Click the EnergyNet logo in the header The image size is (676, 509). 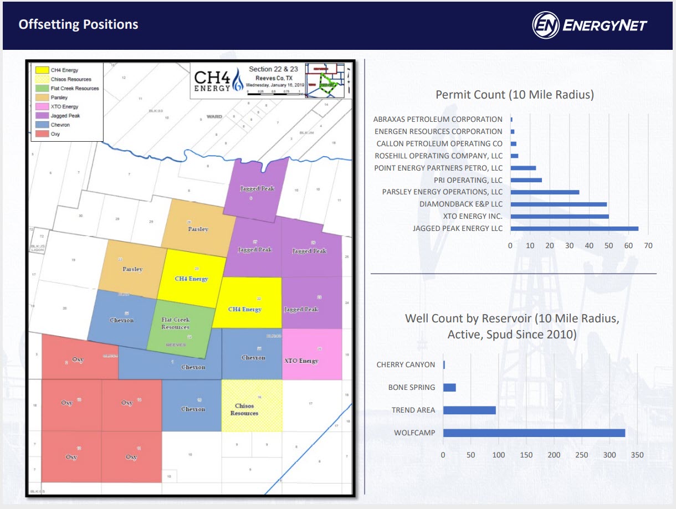tap(590, 25)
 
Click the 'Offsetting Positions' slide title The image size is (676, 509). tap(78, 24)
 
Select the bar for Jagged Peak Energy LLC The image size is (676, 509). tap(574, 228)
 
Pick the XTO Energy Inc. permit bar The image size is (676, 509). tap(559, 216)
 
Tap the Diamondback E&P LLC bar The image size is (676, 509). tap(558, 204)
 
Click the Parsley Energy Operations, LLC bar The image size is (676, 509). tap(544, 192)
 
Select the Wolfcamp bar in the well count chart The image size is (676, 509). tap(534, 433)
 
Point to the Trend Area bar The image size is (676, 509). tap(469, 410)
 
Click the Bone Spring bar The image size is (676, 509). tap(449, 387)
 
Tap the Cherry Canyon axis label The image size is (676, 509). tap(406, 364)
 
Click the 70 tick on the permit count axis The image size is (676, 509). tap(648, 245)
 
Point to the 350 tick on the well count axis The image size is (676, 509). tap(637, 455)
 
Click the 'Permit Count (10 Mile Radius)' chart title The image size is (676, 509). tap(514, 95)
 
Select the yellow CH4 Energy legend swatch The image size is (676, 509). tap(42, 70)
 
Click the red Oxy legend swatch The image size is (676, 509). tap(42, 134)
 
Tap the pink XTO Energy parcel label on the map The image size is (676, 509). tap(301, 361)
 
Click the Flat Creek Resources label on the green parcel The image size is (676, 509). tap(175, 323)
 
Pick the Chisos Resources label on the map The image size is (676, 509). tap(244, 410)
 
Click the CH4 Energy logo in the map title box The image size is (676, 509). tap(218, 81)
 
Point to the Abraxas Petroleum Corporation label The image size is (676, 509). tap(438, 119)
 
